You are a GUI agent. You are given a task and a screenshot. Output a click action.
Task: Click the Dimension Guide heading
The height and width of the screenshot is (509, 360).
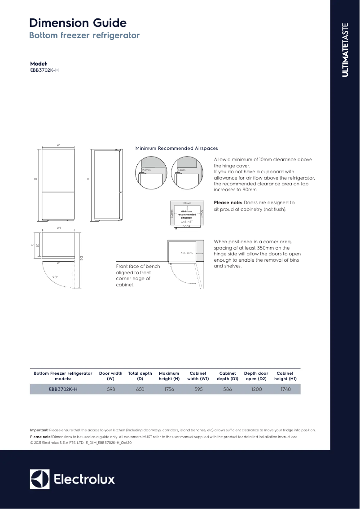tap(78, 23)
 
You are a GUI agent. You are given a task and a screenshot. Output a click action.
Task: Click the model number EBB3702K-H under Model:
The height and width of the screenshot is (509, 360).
tap(44, 70)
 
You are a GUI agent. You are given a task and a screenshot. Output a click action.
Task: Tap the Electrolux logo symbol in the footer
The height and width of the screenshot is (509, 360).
tap(40, 479)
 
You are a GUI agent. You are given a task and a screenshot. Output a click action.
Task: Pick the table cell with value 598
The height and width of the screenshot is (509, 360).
tap(111, 389)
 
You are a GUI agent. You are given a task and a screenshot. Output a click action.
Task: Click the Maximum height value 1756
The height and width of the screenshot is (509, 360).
tap(169, 389)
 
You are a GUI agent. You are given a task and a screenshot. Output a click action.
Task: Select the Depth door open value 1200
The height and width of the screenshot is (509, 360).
tap(256, 389)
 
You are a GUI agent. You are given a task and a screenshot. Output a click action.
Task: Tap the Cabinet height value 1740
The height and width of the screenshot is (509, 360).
tap(285, 389)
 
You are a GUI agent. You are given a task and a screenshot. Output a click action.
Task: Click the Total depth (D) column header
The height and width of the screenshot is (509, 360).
tap(140, 376)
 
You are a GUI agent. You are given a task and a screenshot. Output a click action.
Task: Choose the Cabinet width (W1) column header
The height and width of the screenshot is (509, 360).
tap(198, 376)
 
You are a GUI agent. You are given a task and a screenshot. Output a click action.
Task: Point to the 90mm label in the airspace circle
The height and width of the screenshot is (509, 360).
tap(146, 170)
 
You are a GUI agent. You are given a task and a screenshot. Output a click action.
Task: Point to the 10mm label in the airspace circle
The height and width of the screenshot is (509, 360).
tap(181, 170)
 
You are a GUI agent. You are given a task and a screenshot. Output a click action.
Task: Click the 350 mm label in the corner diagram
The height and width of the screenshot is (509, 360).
tap(186, 253)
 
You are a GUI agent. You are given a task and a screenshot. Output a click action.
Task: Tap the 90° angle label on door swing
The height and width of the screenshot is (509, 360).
tap(55, 277)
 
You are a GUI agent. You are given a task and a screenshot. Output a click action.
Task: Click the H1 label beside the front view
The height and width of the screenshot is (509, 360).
tap(35, 179)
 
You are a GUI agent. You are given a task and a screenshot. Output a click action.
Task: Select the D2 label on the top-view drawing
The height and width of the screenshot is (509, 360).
tap(81, 258)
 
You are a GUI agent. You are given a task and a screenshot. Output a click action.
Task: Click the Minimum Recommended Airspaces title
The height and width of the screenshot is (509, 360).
tap(176, 148)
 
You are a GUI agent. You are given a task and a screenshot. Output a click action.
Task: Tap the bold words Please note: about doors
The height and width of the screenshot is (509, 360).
tap(228, 202)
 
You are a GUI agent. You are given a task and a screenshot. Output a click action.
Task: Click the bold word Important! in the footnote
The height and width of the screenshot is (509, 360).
tap(39, 430)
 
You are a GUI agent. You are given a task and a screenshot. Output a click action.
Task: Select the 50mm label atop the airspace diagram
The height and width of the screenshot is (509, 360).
tap(187, 203)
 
